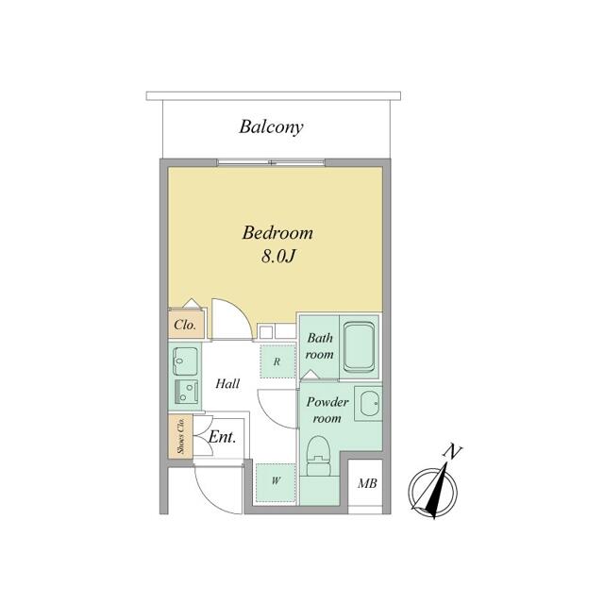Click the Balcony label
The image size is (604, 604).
(271, 127)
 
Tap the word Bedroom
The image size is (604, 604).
(277, 233)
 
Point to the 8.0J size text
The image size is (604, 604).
(278, 256)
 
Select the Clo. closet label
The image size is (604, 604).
(185, 325)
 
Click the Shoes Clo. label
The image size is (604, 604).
(180, 436)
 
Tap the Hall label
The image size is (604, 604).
(227, 384)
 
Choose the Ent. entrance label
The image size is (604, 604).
(222, 437)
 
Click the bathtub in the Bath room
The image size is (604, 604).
(359, 346)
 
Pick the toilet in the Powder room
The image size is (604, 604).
(319, 456)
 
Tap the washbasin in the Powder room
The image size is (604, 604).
(369, 403)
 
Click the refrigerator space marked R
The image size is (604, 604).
(277, 361)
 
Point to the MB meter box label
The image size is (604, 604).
(367, 483)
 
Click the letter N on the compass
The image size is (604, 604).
(453, 451)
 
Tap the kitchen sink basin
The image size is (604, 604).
(185, 361)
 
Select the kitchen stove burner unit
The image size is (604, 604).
(187, 392)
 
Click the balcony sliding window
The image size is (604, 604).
(272, 162)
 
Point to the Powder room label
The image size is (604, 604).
(327, 410)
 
